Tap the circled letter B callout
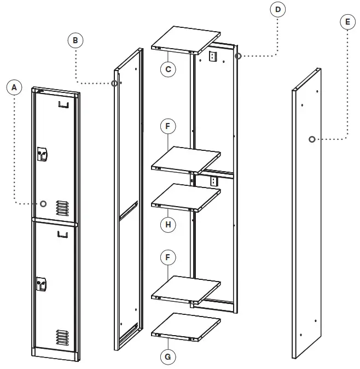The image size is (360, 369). tap(76, 39)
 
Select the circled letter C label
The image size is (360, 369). tap(168, 69)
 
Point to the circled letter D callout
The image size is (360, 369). tap(278, 10)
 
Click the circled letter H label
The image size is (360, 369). tap(168, 224)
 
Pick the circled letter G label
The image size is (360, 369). tap(168, 356)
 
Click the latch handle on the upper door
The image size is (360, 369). tap(42, 155)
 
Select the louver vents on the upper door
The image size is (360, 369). tap(62, 207)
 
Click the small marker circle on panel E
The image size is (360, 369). tap(311, 139)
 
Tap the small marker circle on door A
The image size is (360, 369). tap(43, 203)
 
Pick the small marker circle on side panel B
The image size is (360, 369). tap(114, 83)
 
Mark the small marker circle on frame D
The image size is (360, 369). tap(238, 56)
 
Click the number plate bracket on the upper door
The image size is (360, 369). tap(64, 104)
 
